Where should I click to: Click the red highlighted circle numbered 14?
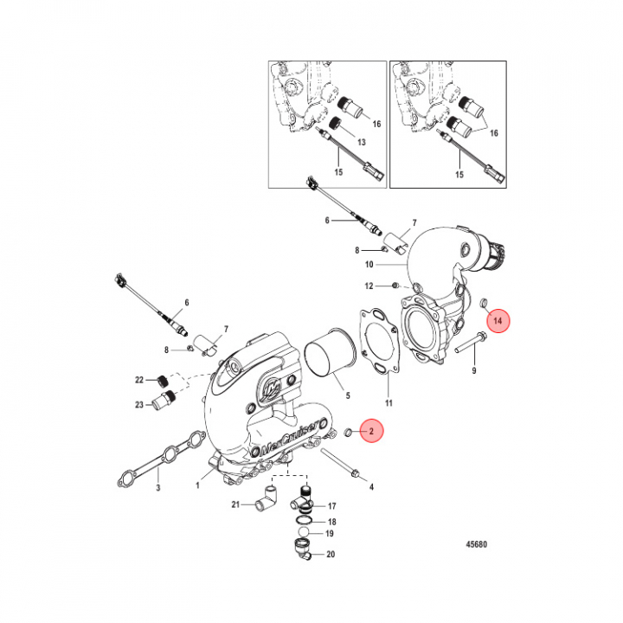coord(498,322)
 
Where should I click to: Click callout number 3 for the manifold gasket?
coord(158,489)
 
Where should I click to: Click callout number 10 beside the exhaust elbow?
coord(369,263)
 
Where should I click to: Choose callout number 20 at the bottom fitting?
coord(331,555)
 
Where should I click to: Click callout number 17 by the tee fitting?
coord(331,505)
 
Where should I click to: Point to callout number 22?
coord(138,381)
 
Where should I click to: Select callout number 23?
coord(138,404)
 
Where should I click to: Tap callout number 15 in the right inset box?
coord(459,174)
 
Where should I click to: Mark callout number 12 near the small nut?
coord(369,285)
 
